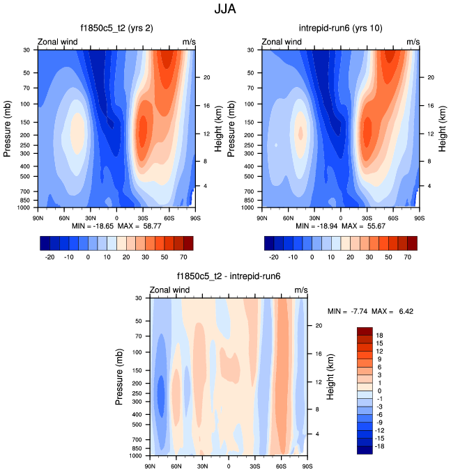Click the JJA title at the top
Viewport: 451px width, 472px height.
coord(226,10)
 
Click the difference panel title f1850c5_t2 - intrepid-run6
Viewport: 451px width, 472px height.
coord(229,276)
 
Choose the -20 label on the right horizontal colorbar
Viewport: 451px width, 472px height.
coord(274,257)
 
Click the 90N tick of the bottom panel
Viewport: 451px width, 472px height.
coord(150,465)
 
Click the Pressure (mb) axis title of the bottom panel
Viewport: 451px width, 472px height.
coord(119,375)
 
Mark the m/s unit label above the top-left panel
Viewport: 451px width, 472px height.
coord(190,42)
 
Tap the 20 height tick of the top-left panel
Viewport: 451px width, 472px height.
coord(207,77)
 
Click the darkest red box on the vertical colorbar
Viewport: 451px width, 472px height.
coord(365,331)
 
